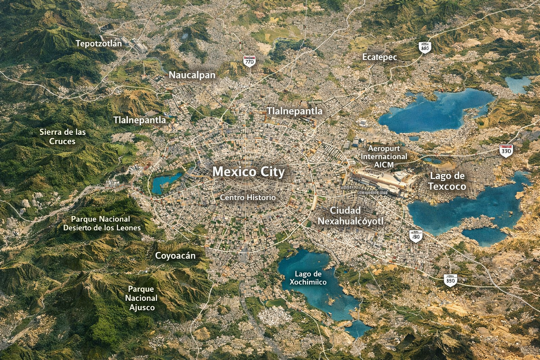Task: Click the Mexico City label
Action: [248, 172]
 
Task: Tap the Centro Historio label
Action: [247, 198]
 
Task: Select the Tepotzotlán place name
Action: [99, 43]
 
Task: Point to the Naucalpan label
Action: [192, 75]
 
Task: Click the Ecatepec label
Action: [379, 57]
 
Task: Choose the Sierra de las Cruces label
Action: [62, 136]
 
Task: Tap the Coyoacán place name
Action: [175, 256]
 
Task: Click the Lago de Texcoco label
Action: [447, 181]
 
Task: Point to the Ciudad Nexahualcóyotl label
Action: [351, 216]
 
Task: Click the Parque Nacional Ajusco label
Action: [142, 298]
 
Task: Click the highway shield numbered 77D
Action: [249, 61]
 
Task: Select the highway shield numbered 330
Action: [506, 151]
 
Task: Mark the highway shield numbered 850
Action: [450, 280]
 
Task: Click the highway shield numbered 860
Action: [425, 47]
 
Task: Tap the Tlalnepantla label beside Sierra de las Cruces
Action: [140, 120]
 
